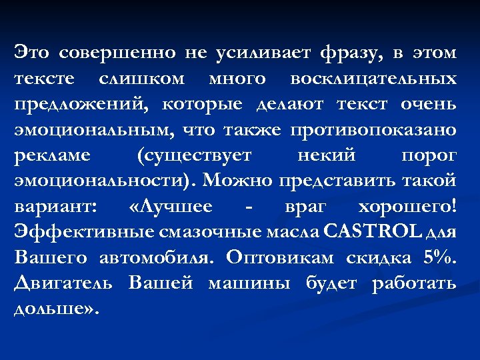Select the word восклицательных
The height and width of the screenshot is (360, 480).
(x=373, y=79)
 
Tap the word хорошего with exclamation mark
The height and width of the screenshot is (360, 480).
(x=408, y=207)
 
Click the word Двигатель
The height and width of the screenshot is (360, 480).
(x=64, y=283)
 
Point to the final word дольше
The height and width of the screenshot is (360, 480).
(x=53, y=309)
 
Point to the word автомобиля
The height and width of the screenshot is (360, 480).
(x=156, y=258)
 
